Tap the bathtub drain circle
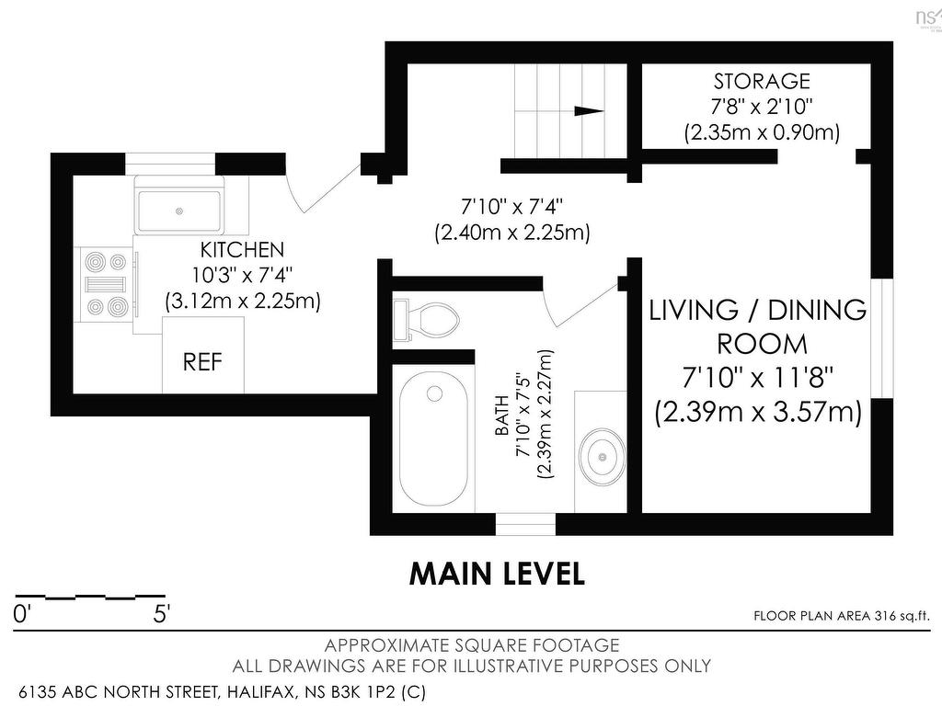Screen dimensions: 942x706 434,393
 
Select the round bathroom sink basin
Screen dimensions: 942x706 602,456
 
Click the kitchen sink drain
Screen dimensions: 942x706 179,211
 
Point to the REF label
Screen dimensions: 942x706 202,362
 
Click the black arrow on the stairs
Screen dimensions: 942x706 589,110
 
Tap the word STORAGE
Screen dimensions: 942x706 762,81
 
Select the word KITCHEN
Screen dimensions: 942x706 242,248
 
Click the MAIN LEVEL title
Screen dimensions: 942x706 497,574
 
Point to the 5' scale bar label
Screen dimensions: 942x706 162,615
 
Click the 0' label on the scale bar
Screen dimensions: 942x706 21,615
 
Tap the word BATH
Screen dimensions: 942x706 501,416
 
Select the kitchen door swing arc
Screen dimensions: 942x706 295,192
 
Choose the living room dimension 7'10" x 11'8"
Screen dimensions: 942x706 758,378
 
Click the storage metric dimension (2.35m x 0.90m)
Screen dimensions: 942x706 762,132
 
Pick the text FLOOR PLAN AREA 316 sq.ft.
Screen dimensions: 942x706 841,616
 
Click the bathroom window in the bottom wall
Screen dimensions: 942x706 525,524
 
